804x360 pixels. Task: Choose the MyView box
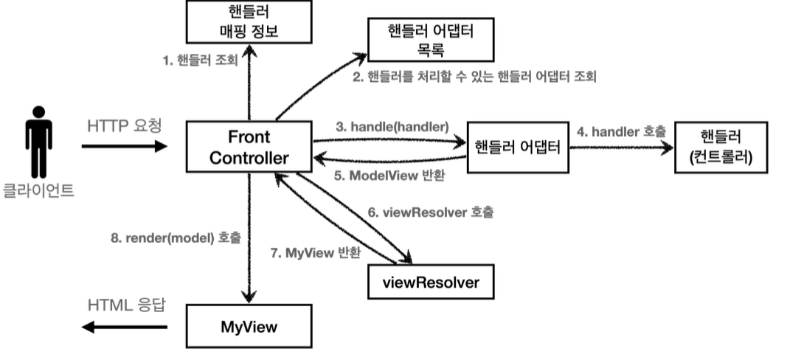(x=249, y=326)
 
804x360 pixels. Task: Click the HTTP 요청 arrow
(x=124, y=146)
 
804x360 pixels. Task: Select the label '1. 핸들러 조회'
(x=200, y=60)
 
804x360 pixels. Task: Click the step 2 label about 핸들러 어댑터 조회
(x=474, y=76)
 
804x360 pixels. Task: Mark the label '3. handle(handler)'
(x=392, y=126)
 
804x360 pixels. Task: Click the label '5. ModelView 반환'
(x=390, y=176)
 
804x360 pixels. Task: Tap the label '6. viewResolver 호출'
(x=431, y=212)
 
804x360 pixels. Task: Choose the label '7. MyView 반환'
(x=316, y=253)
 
